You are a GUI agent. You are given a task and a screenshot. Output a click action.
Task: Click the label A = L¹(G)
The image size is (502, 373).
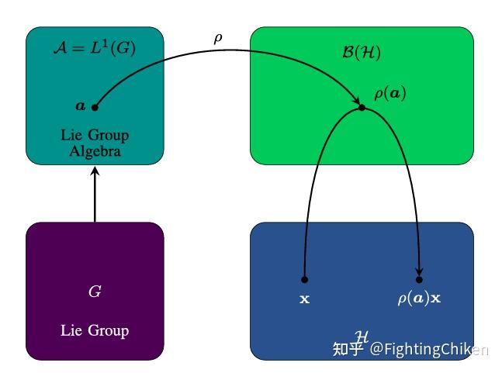point(94,49)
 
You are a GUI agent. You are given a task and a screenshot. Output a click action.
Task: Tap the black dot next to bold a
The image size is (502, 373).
point(95,107)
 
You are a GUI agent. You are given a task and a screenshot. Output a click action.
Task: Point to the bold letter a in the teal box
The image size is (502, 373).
point(80,106)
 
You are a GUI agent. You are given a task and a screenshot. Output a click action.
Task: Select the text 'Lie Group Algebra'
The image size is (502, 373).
point(95,143)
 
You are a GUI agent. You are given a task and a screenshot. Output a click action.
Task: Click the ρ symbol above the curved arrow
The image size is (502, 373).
point(218,37)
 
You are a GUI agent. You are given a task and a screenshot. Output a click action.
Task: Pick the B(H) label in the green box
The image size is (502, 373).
point(361,53)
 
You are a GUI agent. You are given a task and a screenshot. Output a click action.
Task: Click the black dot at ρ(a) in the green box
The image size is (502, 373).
point(362,107)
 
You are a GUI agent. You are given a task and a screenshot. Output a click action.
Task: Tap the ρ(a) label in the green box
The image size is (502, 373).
point(389,93)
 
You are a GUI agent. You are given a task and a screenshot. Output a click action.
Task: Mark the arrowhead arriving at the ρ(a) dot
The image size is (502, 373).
point(357,104)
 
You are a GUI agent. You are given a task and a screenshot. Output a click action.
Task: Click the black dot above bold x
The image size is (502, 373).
point(305,279)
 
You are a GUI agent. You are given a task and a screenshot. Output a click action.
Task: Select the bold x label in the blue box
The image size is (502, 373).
point(305,298)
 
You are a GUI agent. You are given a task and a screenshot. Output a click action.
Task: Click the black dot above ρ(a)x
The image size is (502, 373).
point(420,279)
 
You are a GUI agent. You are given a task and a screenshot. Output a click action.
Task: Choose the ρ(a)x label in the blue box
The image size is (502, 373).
point(419,298)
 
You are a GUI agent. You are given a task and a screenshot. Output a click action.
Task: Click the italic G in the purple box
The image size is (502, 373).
point(95,292)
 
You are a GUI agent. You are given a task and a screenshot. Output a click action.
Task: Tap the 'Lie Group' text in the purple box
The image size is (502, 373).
point(95,330)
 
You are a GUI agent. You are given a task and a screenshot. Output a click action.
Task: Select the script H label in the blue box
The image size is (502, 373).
point(362,337)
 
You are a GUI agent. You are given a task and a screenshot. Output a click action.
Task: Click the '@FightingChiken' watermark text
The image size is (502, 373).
point(428,350)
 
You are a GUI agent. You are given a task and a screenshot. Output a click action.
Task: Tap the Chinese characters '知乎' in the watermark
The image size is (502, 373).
point(348,350)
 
